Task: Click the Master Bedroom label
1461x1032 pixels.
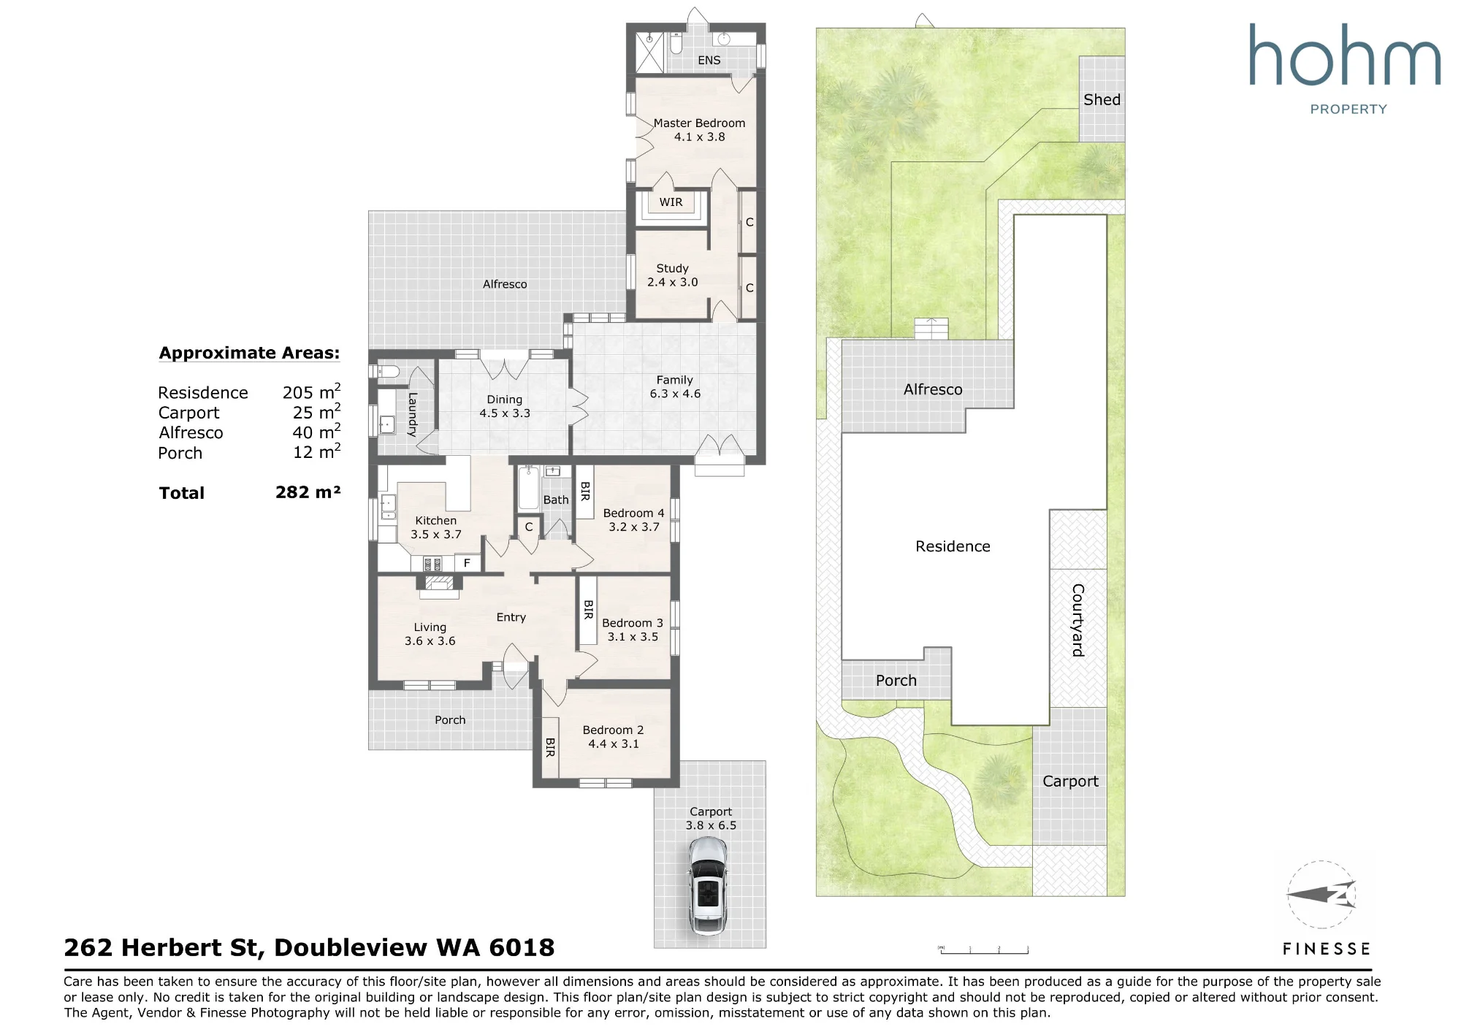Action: (699, 123)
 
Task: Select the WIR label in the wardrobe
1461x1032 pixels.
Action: (671, 202)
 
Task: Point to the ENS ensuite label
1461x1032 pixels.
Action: (709, 61)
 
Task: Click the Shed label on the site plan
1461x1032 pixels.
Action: (1102, 100)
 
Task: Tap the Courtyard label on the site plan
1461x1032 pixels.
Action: (1077, 620)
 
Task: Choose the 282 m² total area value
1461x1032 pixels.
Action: (308, 492)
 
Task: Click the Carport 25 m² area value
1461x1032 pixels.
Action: (316, 412)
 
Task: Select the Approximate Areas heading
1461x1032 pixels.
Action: (249, 353)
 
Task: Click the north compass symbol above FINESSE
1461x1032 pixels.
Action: (1321, 895)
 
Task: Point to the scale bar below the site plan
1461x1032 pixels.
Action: (983, 949)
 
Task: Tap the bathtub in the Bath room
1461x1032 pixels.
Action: (527, 487)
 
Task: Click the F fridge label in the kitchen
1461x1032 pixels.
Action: (467, 563)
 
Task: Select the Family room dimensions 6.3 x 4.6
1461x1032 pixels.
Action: (675, 394)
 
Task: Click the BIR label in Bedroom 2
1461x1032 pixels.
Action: (550, 747)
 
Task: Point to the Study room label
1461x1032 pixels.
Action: (672, 269)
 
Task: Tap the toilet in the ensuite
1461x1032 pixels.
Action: (676, 45)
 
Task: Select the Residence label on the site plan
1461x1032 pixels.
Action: (953, 546)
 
